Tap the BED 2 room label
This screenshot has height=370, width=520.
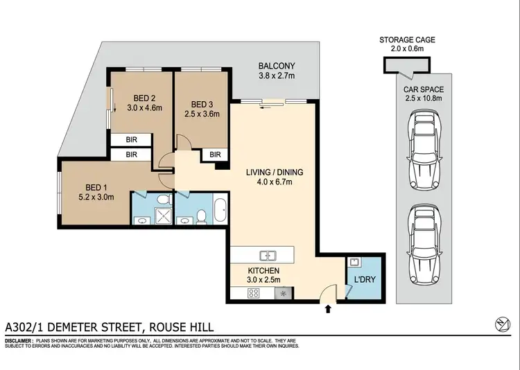pyautogui.click(x=144, y=98)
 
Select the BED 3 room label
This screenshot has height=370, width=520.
pyautogui.click(x=202, y=105)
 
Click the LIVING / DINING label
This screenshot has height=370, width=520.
pyautogui.click(x=275, y=173)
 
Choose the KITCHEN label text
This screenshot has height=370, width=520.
pyautogui.click(x=263, y=270)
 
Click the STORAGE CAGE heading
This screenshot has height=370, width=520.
pyautogui.click(x=408, y=40)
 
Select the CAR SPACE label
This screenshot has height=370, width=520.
pyautogui.click(x=425, y=90)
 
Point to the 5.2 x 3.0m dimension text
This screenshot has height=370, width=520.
pyautogui.click(x=99, y=197)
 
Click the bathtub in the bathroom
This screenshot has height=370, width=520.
pyautogui.click(x=218, y=209)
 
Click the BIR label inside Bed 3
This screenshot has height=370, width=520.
pyautogui.click(x=215, y=155)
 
